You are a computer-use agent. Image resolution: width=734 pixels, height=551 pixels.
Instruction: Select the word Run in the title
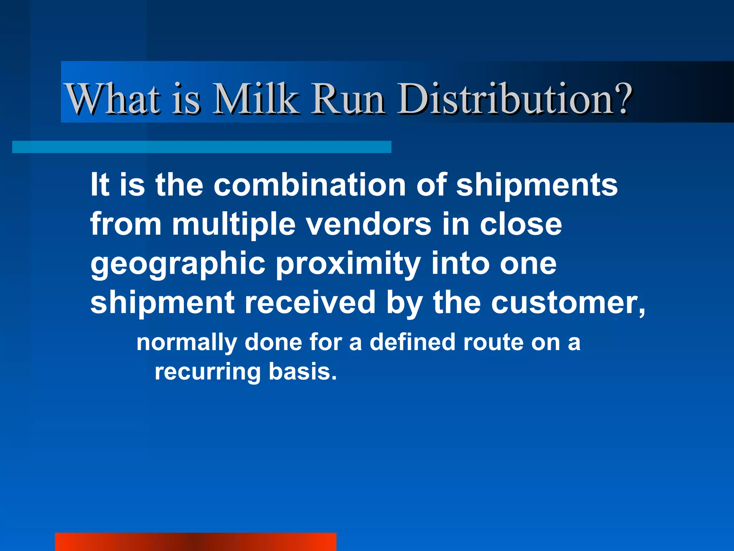coord(348,99)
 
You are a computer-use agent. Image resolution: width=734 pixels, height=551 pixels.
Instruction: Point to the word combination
coord(310,185)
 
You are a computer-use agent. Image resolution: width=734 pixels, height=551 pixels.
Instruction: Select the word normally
coord(186,343)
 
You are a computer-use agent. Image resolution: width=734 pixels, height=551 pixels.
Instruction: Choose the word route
coord(493,343)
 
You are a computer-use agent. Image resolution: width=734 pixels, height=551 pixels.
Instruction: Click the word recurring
coord(208,372)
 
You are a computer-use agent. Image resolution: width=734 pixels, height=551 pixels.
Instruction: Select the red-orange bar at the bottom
coord(195,542)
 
